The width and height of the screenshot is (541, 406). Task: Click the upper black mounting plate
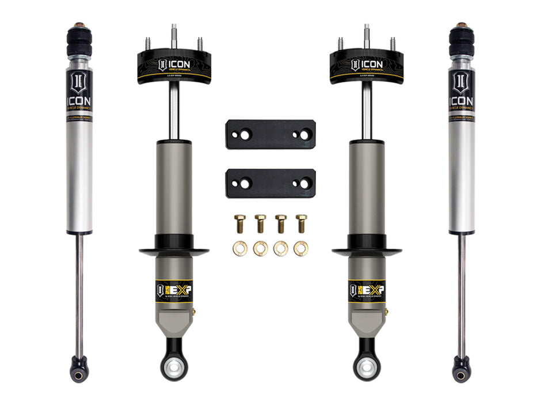point(270,134)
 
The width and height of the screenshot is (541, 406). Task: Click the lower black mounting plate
point(270,183)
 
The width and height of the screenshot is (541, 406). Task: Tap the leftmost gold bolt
point(240,222)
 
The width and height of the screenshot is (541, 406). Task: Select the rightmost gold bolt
point(300,222)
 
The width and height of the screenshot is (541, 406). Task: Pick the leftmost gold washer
point(240,248)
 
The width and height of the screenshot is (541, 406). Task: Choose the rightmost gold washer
point(300,248)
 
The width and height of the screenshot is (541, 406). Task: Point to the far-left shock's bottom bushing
point(79,368)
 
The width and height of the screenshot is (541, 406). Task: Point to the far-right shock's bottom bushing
point(461,368)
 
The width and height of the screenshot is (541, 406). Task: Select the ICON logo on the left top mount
point(174,63)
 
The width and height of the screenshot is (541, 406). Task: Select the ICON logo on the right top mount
point(367,63)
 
